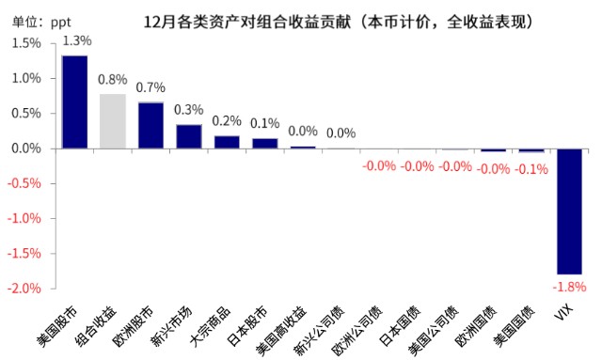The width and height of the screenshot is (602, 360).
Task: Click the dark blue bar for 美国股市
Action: (x=74, y=102)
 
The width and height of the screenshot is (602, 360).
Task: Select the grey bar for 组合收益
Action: (x=113, y=120)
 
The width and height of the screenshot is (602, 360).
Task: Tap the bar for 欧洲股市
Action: (x=150, y=125)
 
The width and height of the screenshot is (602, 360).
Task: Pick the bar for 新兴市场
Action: (x=189, y=136)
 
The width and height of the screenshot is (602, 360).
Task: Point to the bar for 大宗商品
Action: (x=227, y=142)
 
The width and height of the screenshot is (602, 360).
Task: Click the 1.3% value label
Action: (x=75, y=40)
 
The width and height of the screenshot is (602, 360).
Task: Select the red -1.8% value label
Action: (x=568, y=286)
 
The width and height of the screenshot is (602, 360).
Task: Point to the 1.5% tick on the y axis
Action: (x=26, y=43)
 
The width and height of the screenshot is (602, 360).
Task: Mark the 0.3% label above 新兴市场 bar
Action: (x=189, y=110)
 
